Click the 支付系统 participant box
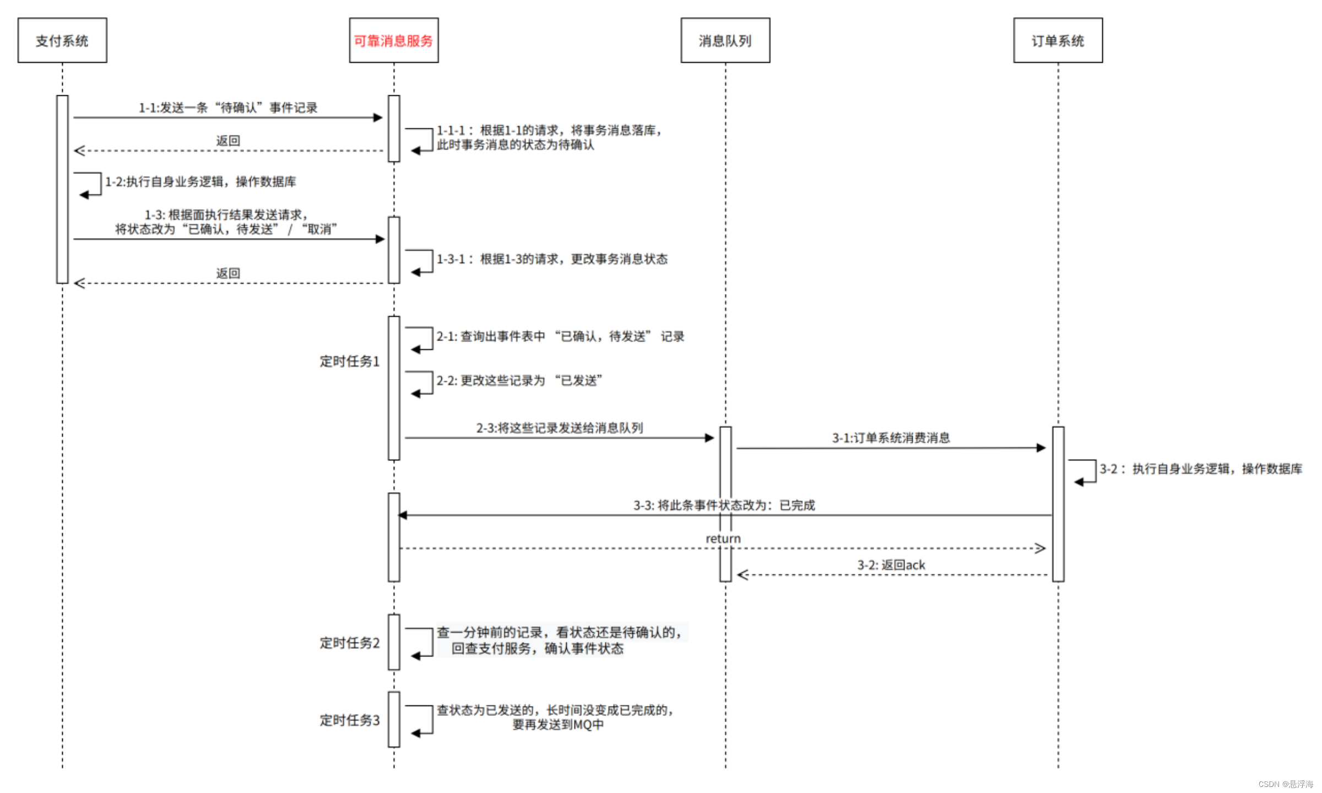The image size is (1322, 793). pos(62,40)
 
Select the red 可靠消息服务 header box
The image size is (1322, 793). pos(393,40)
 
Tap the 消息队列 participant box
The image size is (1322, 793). pos(725,40)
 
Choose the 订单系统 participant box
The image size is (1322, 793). pos(1058,40)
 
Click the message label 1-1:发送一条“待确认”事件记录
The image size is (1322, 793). pos(227,107)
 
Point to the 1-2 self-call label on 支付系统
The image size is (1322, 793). pos(201,182)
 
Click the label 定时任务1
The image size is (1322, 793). pos(349,361)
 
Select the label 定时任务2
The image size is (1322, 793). pos(349,643)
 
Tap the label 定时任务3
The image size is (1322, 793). pos(349,720)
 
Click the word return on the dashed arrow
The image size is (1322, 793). pos(723,539)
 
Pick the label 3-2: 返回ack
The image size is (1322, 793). pos(891,565)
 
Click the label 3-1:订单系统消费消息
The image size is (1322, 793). pos(891,438)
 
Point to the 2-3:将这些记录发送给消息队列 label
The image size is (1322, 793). pos(559,428)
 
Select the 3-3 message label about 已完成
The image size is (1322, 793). pos(724,505)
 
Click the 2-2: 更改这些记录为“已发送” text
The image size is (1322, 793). pos(519,381)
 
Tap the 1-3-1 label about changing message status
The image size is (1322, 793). pos(552,259)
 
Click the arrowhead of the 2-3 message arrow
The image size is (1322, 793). pos(709,438)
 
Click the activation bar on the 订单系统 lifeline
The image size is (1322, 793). pos(1058,504)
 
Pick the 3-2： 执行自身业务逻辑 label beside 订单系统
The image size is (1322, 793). pos(1201,469)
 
